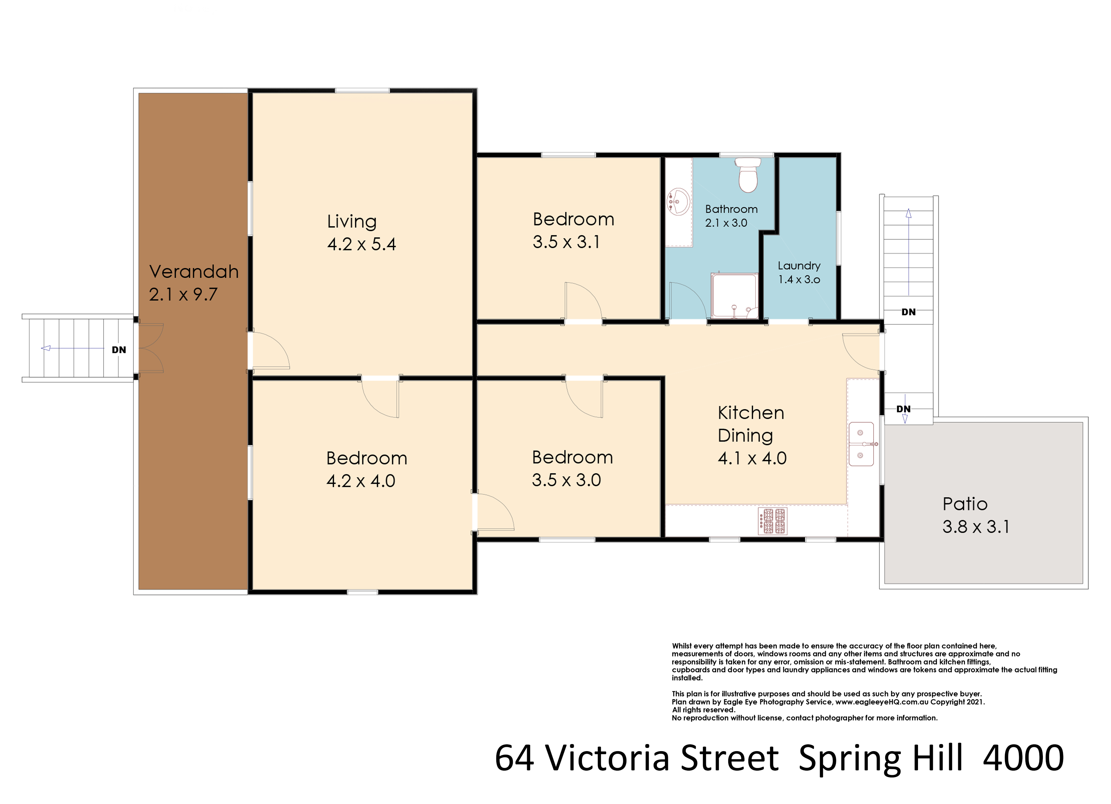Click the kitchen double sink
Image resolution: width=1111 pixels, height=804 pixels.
click(x=861, y=443)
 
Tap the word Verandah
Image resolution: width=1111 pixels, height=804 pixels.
click(x=194, y=271)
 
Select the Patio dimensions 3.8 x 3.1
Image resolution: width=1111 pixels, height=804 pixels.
click(x=976, y=527)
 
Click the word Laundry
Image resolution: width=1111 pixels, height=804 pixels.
click(x=799, y=266)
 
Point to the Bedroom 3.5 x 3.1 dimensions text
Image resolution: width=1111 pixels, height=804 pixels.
click(x=566, y=242)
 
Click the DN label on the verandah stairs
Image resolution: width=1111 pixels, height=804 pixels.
click(x=119, y=349)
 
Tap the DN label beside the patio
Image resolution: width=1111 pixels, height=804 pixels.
click(x=903, y=409)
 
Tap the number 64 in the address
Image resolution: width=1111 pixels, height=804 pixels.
click(x=514, y=758)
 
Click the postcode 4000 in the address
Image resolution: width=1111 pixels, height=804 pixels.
click(x=1023, y=758)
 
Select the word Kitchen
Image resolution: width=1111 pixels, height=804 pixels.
click(x=751, y=413)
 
